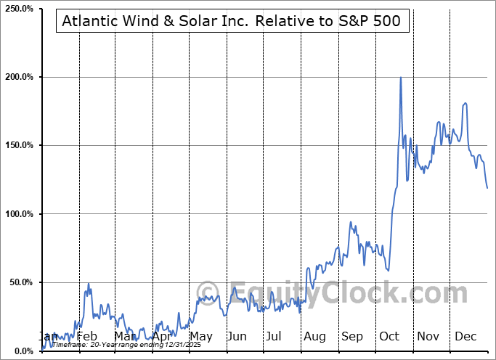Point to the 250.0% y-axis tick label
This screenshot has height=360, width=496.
click(18, 9)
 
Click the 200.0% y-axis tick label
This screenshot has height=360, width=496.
click(18, 77)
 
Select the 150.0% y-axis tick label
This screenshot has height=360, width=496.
click(18, 145)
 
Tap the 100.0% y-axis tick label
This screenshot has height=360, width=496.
click(18, 214)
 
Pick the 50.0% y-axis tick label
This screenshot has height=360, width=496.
click(20, 282)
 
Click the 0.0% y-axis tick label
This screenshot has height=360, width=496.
click(22, 351)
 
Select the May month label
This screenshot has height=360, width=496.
click(200, 337)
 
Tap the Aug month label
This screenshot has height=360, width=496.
click(314, 337)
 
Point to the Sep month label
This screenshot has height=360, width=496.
click(352, 337)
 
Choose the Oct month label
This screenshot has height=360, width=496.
click(390, 337)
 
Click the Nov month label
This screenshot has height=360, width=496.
click(428, 337)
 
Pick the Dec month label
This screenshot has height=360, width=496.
click(465, 337)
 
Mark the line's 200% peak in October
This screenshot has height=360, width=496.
click(401, 78)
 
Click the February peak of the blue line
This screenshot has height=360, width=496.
click(89, 284)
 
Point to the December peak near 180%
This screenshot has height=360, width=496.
click(465, 103)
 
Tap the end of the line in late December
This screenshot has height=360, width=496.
click(487, 188)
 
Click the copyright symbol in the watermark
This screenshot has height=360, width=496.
click(207, 293)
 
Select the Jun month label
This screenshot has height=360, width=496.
click(237, 337)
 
